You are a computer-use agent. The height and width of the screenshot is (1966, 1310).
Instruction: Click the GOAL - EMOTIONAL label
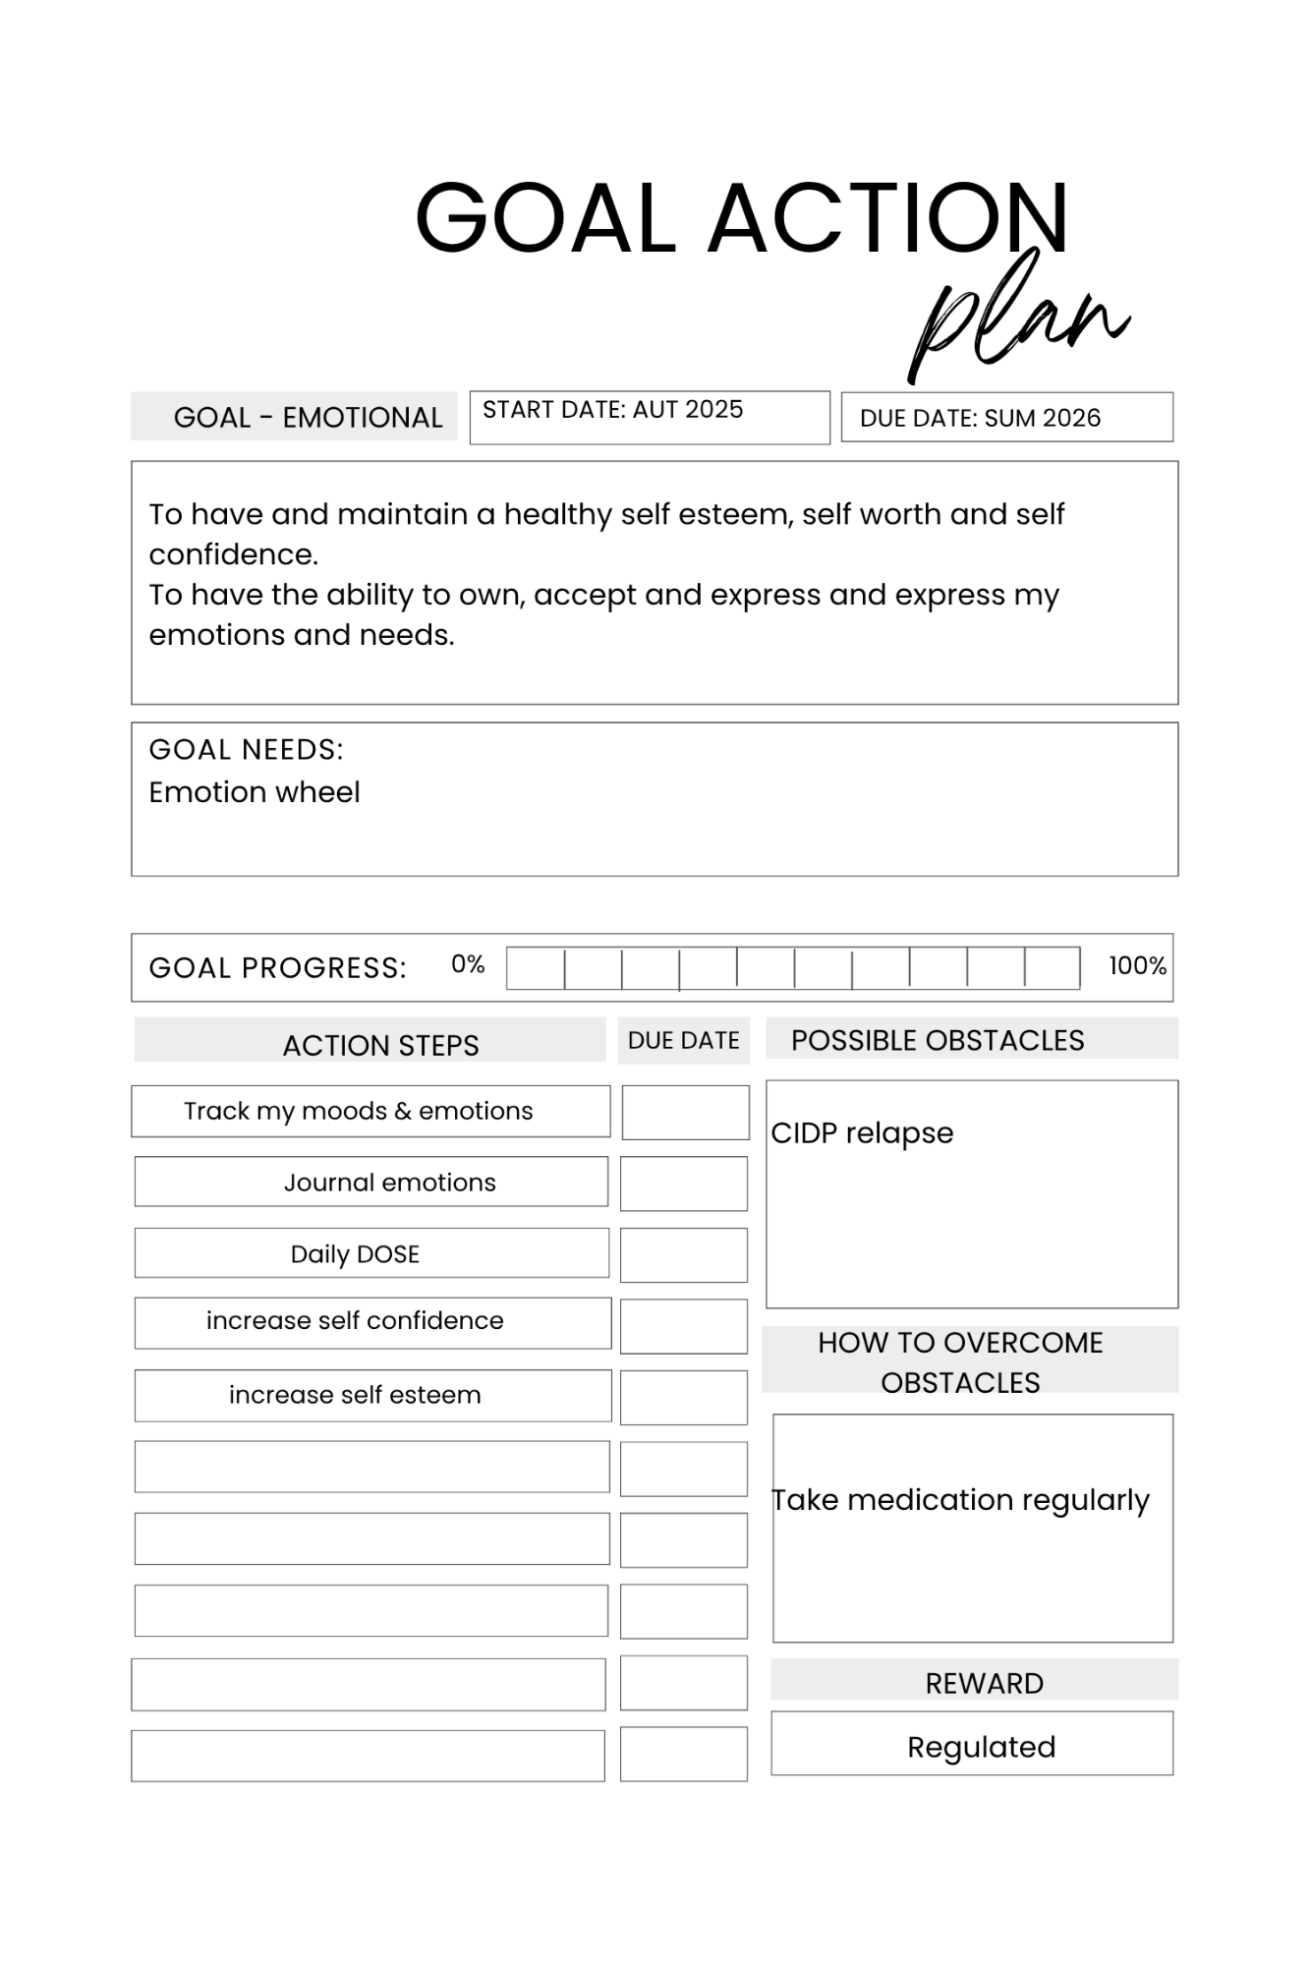pos(308,417)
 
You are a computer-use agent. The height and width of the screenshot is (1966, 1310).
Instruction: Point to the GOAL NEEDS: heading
pos(246,750)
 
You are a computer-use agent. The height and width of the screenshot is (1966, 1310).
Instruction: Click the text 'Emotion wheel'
pos(255,792)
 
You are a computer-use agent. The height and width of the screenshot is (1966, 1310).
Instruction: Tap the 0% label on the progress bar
pos(468,964)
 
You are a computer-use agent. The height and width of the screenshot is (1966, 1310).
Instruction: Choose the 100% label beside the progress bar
pos(1137,965)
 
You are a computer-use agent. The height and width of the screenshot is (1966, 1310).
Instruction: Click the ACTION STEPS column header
pos(380,1045)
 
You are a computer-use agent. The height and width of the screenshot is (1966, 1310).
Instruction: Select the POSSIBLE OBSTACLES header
pos(938,1040)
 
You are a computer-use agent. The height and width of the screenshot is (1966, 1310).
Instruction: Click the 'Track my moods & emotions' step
pos(358,1111)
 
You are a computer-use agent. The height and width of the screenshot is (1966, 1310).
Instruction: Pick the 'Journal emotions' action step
pos(390,1183)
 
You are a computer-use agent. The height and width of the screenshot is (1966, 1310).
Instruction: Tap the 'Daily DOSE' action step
pos(355,1254)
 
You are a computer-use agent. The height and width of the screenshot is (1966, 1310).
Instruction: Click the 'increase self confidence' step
pos(355,1320)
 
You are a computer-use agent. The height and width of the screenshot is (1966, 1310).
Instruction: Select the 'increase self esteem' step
pos(355,1395)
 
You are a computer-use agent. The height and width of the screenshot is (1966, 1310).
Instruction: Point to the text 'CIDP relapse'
pos(862,1133)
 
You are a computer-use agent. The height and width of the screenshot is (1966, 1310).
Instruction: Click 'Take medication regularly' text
pos(960,1500)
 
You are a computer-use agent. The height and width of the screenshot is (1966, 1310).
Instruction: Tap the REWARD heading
pos(984,1684)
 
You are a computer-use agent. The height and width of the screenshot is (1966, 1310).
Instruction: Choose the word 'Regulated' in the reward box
pos(981,1747)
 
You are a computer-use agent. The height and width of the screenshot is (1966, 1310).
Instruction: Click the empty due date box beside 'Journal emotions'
pos(684,1184)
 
